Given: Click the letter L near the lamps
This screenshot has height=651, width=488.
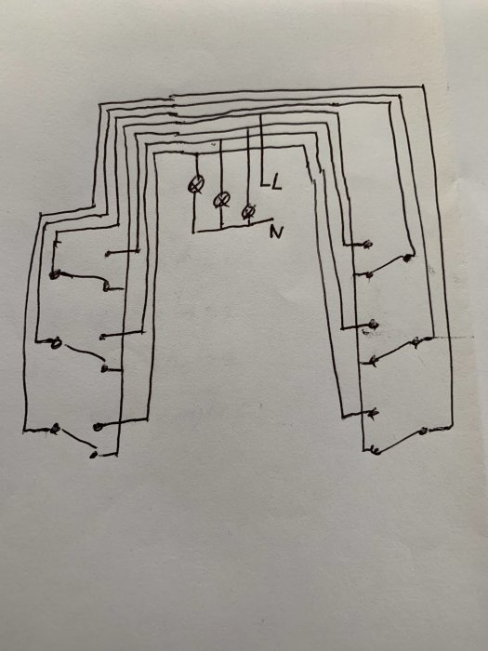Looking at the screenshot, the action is [x=276, y=182].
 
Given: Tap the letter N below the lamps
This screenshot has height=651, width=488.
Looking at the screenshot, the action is [x=276, y=232].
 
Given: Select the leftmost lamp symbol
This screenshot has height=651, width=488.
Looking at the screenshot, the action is [x=196, y=185].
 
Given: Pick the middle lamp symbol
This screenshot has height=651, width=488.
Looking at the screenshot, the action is [x=221, y=200].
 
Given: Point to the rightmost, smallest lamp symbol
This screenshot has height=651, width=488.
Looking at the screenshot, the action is [x=248, y=212].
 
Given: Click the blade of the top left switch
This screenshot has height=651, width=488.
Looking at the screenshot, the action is [x=80, y=278].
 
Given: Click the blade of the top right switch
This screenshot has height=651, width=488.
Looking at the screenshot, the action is [x=388, y=266].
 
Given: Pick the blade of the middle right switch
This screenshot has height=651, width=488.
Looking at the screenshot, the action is [x=395, y=351].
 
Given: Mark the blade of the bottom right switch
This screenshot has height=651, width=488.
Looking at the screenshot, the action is [x=400, y=441].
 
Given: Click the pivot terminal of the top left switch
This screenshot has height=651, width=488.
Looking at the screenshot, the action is [x=54, y=274].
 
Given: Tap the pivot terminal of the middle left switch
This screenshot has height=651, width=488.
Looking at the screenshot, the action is [x=56, y=343].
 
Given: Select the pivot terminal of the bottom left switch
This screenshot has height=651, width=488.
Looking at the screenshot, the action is [x=54, y=429].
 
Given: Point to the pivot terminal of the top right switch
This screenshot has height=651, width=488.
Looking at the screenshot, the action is [x=407, y=258].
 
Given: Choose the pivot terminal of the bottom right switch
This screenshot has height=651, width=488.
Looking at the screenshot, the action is [x=423, y=431].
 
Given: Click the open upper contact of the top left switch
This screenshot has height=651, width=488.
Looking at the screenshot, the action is [x=108, y=253].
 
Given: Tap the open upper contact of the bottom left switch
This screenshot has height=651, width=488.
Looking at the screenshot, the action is [x=98, y=426].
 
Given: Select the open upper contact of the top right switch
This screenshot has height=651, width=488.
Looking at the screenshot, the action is [x=367, y=244].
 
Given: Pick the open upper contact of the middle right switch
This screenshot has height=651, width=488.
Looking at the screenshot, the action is [x=373, y=324].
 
